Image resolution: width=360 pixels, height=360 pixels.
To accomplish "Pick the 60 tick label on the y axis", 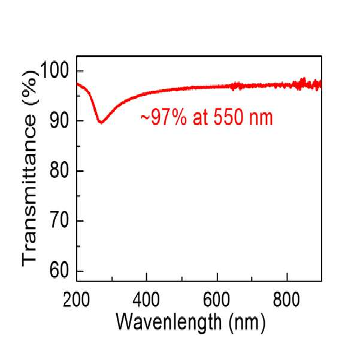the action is [x=59, y=270].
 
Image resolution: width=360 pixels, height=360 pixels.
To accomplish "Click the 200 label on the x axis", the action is [x=76, y=300].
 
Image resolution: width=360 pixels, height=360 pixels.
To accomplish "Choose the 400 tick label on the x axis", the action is [x=146, y=300].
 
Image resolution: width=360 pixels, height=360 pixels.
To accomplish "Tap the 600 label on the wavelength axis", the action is [x=216, y=300].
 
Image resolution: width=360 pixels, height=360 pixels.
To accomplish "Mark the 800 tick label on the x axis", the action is [x=286, y=300].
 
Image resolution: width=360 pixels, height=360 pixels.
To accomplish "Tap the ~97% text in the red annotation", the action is [x=164, y=118].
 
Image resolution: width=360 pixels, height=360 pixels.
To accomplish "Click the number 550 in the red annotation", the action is [x=228, y=118].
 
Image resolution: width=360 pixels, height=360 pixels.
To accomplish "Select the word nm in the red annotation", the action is [x=261, y=120].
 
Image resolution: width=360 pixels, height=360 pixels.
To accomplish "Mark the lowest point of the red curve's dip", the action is [x=101, y=122].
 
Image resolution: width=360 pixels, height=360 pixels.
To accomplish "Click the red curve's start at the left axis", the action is [x=77, y=84].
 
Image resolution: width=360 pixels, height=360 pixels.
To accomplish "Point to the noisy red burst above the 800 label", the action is [x=301, y=84].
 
